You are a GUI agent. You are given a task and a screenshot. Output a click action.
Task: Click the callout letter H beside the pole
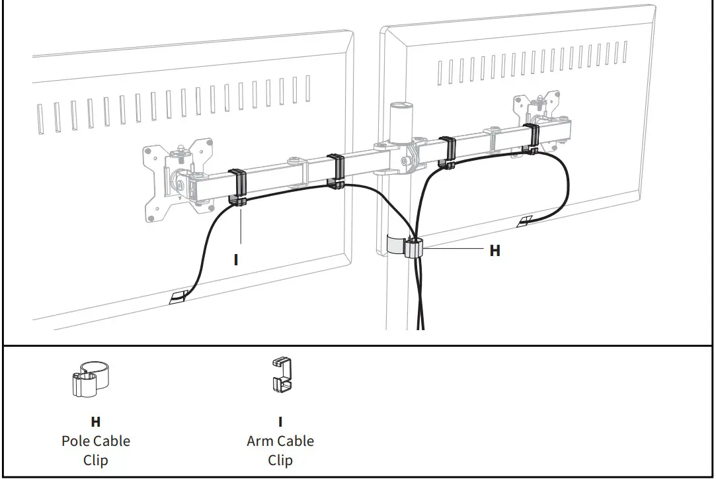(x=495, y=251)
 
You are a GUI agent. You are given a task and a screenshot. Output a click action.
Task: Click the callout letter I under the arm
(x=236, y=259)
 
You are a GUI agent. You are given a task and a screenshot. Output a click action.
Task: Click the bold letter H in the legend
(x=96, y=421)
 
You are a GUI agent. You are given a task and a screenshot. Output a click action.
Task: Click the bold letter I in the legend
(x=280, y=421)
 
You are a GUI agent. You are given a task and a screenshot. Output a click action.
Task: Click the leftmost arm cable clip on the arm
(x=237, y=186)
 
